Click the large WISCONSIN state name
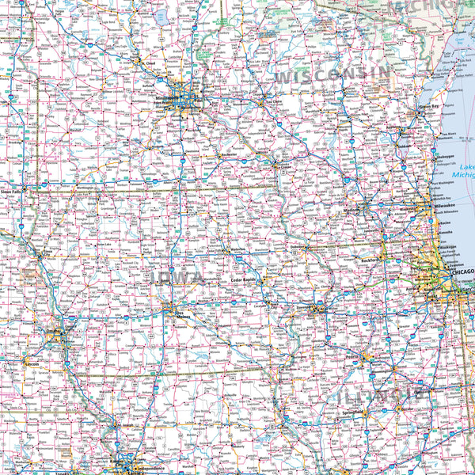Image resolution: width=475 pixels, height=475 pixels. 332,75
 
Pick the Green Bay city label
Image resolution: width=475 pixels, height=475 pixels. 428,106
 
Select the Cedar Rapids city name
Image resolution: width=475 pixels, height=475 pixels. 243,279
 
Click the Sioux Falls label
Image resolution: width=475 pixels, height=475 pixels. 11,192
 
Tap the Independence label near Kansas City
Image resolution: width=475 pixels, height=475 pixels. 146,458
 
